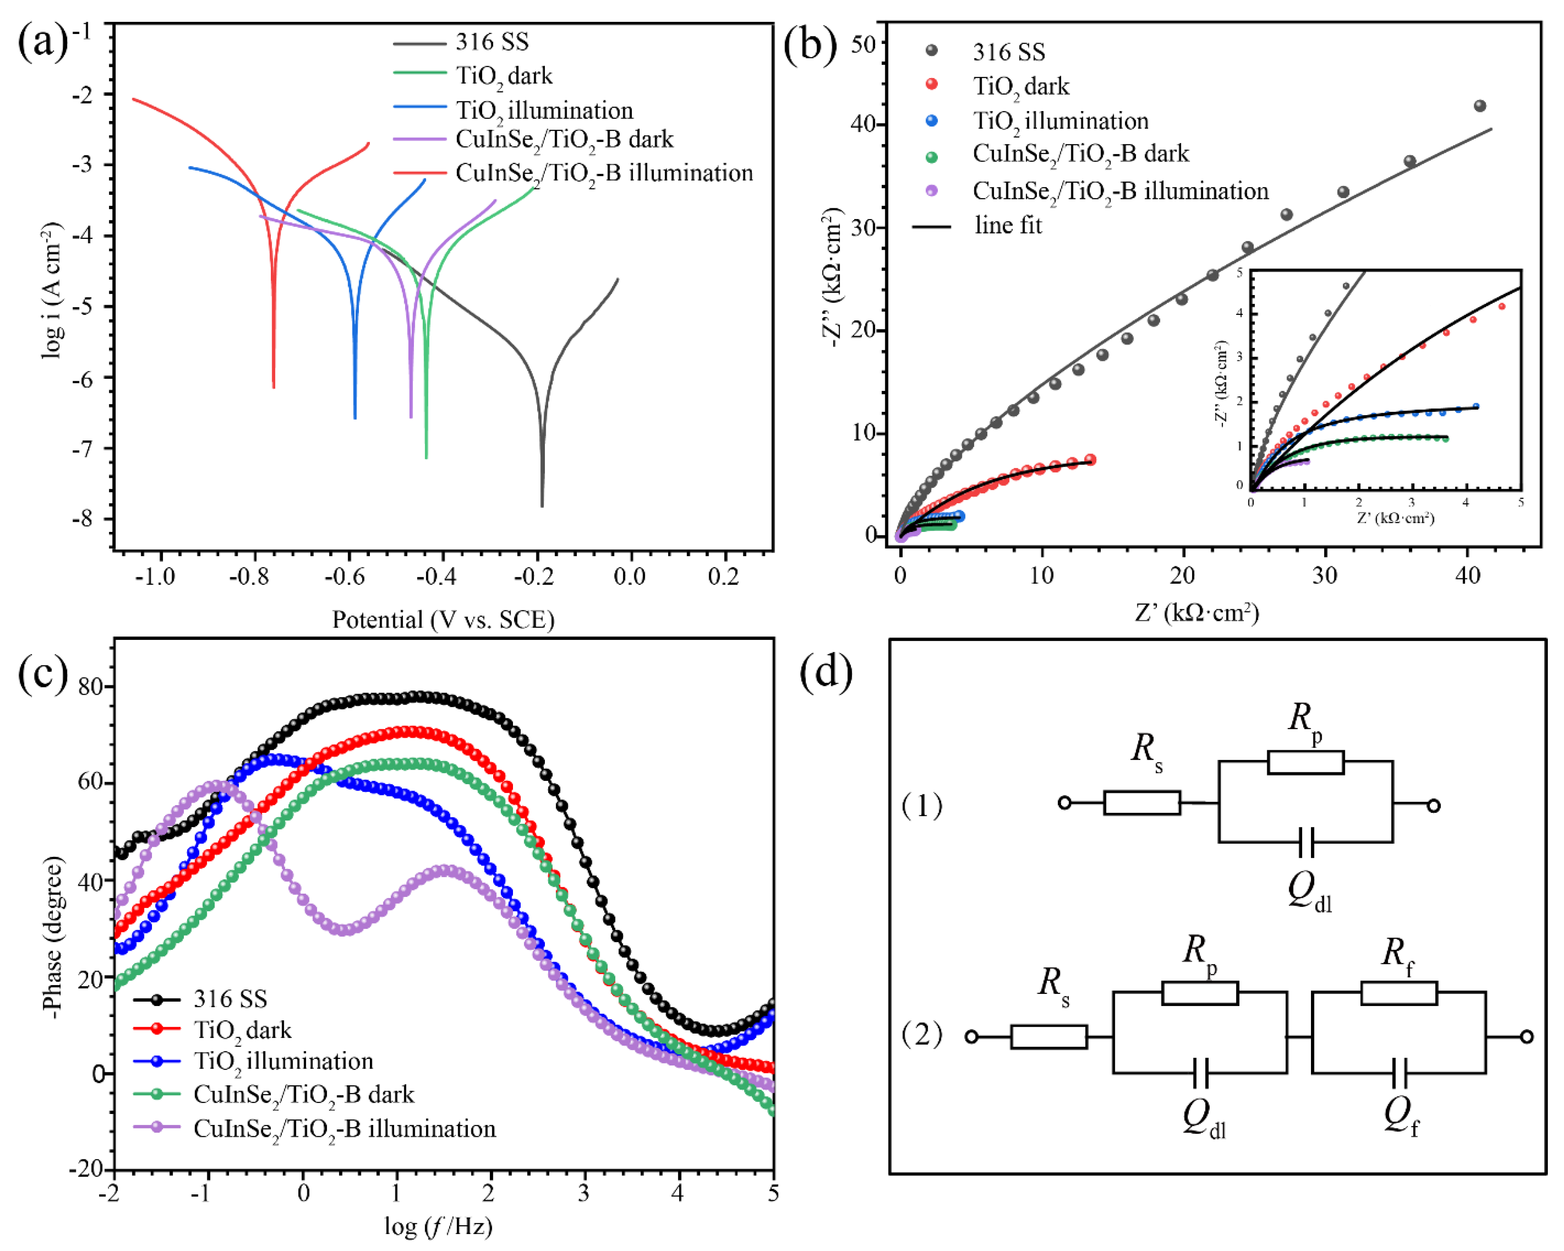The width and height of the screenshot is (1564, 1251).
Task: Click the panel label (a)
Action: (x=42, y=42)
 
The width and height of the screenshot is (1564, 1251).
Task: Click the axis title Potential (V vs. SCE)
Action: (x=443, y=620)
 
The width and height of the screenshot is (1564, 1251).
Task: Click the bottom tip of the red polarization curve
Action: (x=274, y=387)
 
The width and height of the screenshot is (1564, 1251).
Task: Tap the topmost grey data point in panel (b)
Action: (x=1480, y=106)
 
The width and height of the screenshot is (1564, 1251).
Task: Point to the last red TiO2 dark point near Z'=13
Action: (x=1089, y=460)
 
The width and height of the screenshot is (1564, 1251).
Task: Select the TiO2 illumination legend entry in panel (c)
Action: (x=283, y=1061)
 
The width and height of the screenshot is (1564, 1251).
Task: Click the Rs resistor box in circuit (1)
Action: (x=1142, y=803)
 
